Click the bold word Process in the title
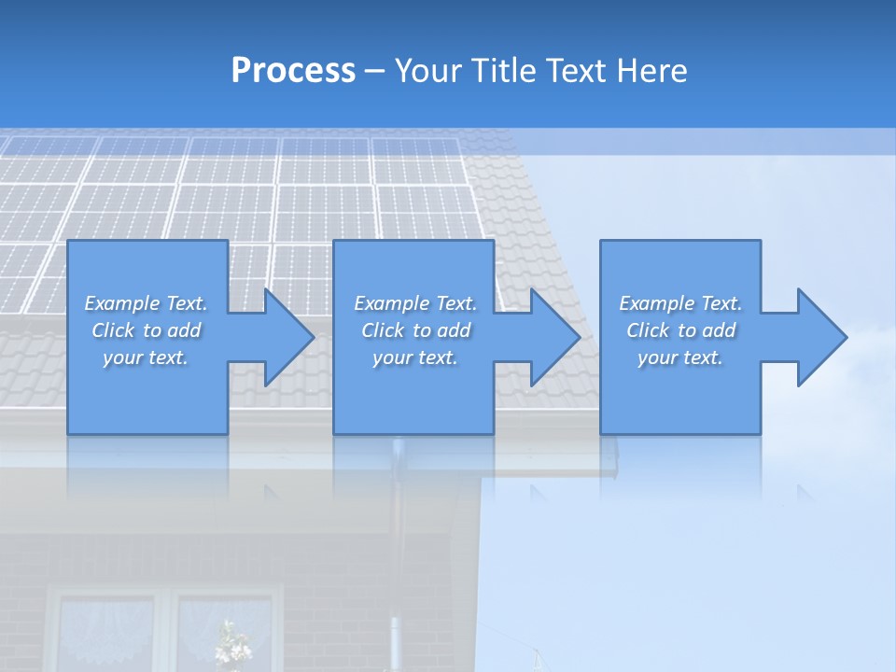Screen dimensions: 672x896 [293, 71]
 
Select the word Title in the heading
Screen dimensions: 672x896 [505, 71]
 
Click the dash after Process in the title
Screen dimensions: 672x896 [375, 71]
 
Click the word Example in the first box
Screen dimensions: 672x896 [121, 303]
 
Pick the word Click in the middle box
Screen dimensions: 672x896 [382, 330]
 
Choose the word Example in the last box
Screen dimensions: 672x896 [656, 303]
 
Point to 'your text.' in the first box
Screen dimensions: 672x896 [146, 357]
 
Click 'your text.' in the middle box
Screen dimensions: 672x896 [415, 357]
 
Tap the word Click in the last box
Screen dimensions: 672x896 [648, 330]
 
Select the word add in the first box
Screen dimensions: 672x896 [185, 330]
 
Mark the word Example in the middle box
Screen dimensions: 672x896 [391, 303]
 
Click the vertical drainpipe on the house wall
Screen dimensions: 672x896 [396, 560]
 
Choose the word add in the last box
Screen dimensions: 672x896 [720, 330]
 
